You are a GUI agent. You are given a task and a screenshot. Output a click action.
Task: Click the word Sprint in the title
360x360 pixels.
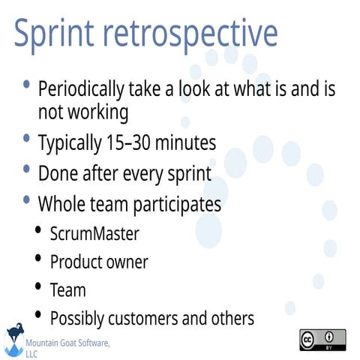[x=59, y=34]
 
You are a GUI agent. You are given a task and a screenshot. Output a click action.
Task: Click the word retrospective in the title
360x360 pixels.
[x=195, y=34]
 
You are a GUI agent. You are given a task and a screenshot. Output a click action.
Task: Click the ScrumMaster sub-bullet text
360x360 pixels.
[x=94, y=233]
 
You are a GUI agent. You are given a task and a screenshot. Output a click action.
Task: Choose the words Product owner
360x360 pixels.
[x=99, y=262]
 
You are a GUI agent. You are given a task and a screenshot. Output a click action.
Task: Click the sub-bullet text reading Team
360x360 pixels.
[x=67, y=289]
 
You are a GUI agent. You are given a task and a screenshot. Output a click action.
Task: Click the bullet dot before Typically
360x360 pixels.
[x=27, y=139]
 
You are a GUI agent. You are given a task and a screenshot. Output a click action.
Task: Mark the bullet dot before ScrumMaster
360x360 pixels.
[x=39, y=230]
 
